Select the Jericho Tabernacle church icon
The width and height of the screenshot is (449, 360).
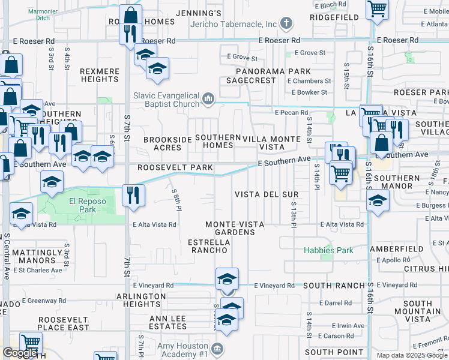point(286,24)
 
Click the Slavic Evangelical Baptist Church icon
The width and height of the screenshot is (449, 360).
point(208,97)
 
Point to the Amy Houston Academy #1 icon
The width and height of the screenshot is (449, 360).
point(217,349)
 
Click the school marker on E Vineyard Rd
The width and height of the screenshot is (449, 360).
point(228,278)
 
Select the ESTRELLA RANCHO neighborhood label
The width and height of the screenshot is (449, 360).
point(208,246)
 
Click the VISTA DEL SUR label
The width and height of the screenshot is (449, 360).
point(266,195)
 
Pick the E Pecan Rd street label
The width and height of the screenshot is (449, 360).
point(291,112)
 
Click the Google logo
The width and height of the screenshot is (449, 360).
point(20,353)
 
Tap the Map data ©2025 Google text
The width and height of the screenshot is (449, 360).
point(412,355)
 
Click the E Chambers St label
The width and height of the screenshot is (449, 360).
point(311,81)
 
